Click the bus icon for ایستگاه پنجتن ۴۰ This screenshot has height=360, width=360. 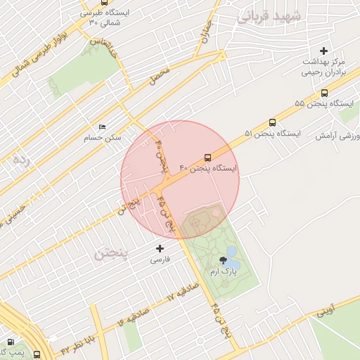click(x=207, y=157)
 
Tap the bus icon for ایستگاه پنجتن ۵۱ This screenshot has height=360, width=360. click(x=272, y=122)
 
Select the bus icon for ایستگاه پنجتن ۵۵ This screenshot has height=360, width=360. click(x=324, y=92)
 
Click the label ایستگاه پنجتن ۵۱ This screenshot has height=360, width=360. click(x=272, y=133)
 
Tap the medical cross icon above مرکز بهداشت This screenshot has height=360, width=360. click(x=323, y=51)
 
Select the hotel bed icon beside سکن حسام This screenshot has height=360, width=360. click(x=103, y=127)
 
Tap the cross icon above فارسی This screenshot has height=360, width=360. click(x=160, y=248)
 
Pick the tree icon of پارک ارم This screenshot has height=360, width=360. click(x=223, y=260)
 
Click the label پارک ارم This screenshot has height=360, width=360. click(x=224, y=271)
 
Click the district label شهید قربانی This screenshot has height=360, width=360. click(x=269, y=16)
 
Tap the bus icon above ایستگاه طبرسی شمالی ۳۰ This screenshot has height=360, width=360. click(x=104, y=3)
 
